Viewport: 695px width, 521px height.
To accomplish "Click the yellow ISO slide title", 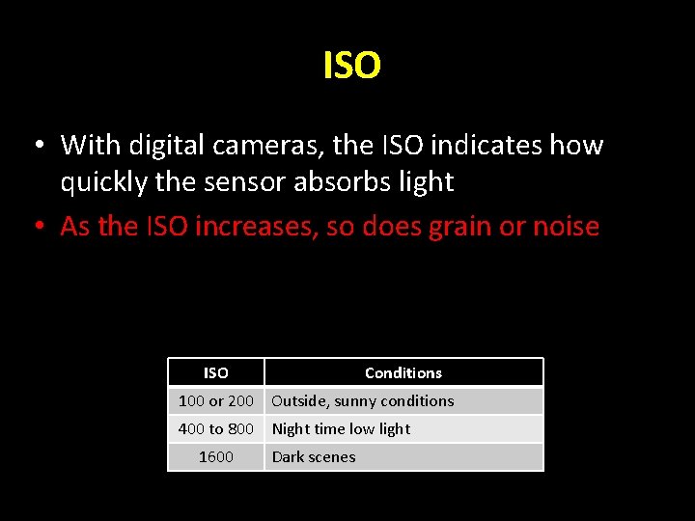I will click(351, 67).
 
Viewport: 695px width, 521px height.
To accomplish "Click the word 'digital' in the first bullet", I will click(163, 146).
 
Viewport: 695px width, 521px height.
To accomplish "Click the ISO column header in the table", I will click(216, 372).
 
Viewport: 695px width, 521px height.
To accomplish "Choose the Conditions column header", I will click(403, 372).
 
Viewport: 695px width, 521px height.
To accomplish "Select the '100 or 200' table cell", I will click(216, 400).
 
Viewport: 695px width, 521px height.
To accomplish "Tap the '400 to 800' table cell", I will click(216, 428).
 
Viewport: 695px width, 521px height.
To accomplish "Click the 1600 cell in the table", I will click(216, 456).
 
